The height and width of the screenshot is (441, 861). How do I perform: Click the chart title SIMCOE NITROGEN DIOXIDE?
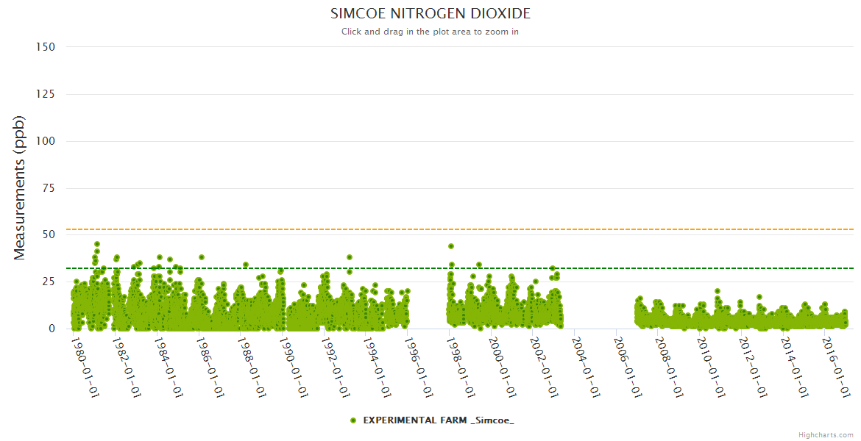click(431, 14)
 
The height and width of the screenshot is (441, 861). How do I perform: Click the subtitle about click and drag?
click(431, 32)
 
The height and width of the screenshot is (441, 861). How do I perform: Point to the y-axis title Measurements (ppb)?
click(20, 187)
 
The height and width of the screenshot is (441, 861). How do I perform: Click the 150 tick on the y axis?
click(46, 47)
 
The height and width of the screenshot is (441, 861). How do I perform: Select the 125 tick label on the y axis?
click(46, 94)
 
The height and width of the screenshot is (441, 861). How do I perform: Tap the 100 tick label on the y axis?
click(46, 141)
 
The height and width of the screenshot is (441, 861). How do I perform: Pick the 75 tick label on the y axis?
click(49, 188)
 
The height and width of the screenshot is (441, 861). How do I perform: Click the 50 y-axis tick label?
click(49, 235)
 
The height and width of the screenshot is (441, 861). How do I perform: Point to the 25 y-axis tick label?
click(49, 282)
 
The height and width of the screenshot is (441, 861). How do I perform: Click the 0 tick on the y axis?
click(52, 329)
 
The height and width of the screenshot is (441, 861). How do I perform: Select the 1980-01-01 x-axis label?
click(85, 367)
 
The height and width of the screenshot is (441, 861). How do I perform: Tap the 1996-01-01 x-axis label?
click(418, 367)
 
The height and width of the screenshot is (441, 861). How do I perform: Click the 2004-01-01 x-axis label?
click(585, 367)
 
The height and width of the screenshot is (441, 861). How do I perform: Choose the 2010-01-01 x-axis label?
click(710, 367)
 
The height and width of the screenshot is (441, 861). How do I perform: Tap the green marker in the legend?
click(353, 420)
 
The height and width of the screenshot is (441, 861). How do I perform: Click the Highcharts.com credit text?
click(826, 435)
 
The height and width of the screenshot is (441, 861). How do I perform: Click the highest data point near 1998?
click(451, 246)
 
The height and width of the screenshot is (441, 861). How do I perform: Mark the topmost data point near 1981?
click(97, 244)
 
